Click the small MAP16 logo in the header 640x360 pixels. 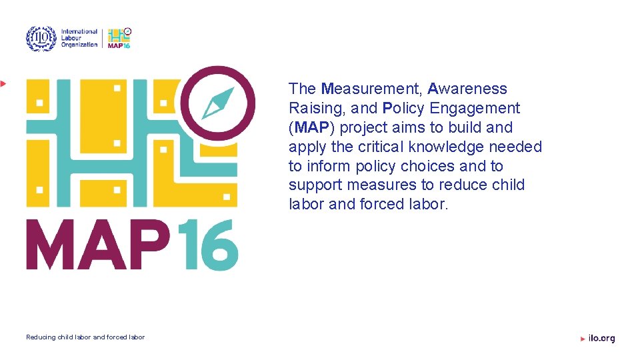(119, 38)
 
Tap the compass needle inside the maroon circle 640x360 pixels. (219, 101)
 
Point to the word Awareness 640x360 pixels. (467, 89)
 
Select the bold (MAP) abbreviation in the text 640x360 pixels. (311, 127)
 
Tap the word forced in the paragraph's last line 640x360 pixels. (381, 204)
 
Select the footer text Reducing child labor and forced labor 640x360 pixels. (85, 337)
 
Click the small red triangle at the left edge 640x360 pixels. (3, 83)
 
